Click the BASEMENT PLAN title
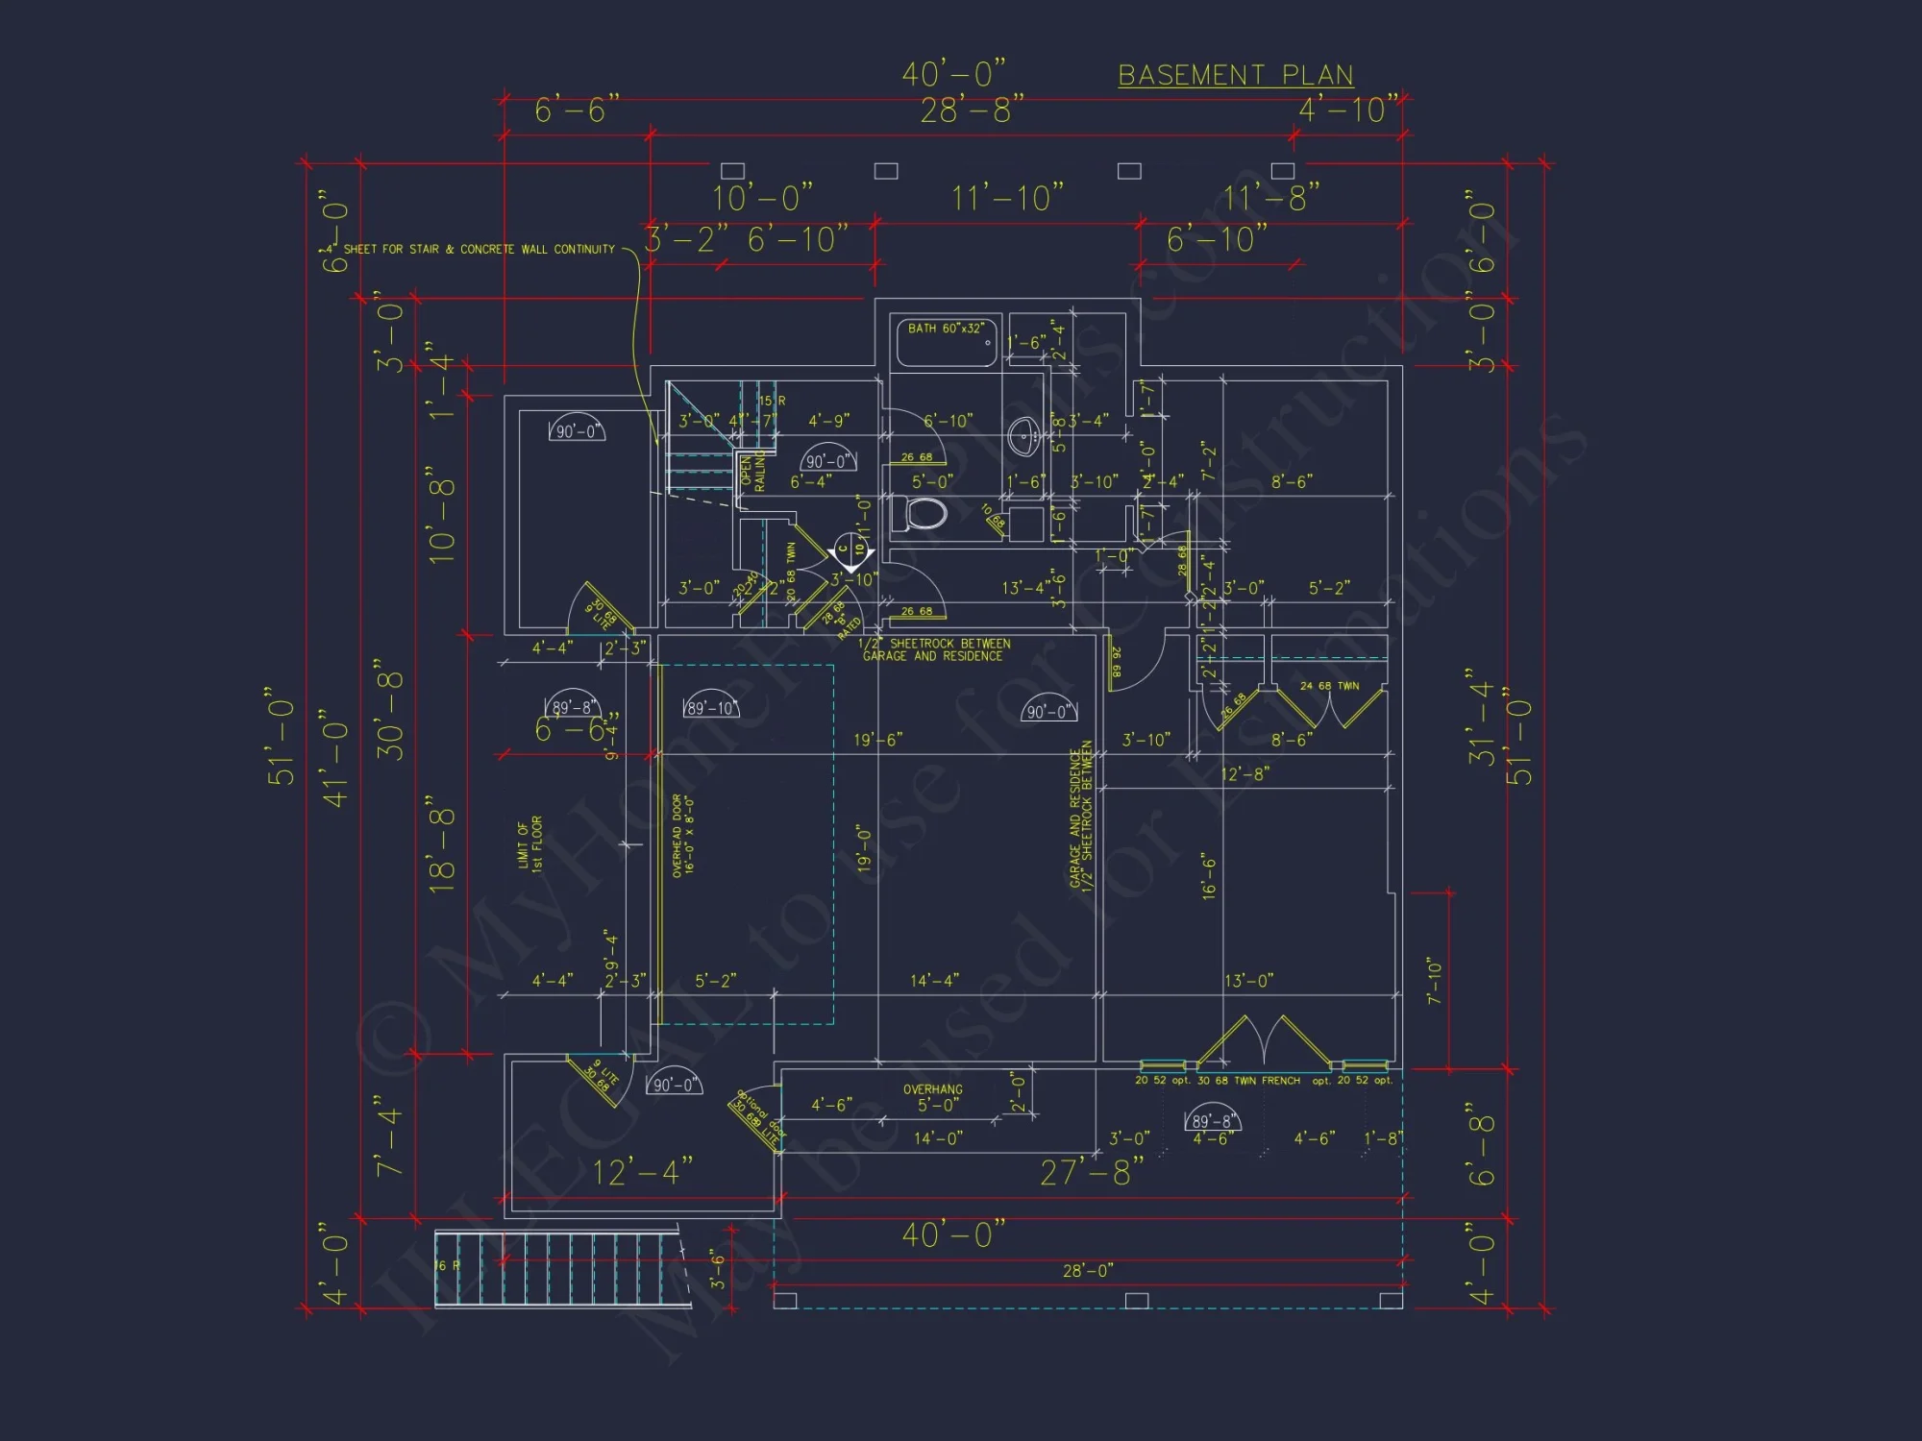pos(1235,76)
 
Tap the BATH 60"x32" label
pos(946,329)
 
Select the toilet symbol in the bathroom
pos(924,513)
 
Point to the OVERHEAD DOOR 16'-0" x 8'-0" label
pos(683,835)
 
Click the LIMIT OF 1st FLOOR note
pos(530,843)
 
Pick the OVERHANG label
pos(932,1089)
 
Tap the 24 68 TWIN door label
pos(1329,686)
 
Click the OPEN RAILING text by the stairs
pos(752,473)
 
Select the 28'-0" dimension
pos(1088,1271)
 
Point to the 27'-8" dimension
pos(1093,1172)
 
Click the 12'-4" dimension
pos(642,1172)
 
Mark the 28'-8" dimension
pos(972,110)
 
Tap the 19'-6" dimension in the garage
pos(877,740)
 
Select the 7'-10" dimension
pos(1435,980)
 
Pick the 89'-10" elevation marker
pos(711,708)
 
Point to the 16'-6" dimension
pos(1209,875)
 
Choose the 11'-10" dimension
pos(1007,199)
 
